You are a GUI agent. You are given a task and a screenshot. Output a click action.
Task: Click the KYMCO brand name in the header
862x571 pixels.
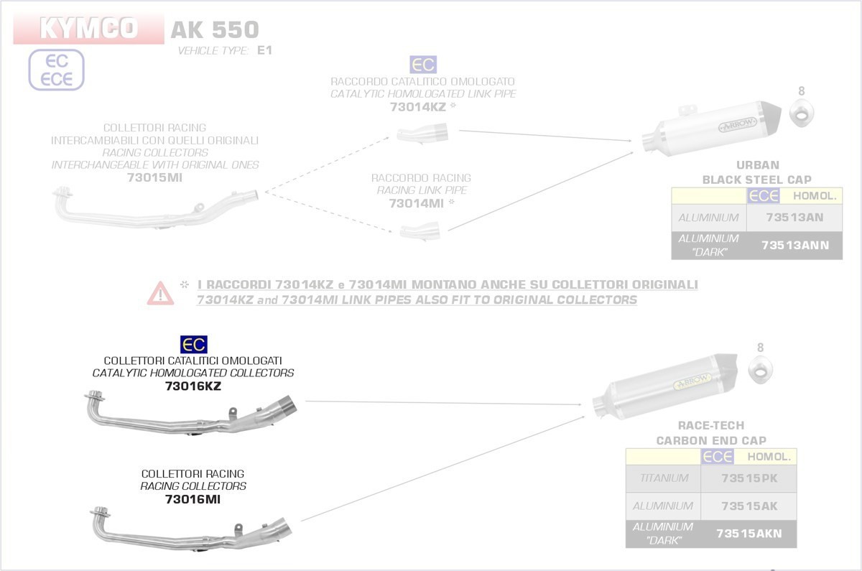point(88,29)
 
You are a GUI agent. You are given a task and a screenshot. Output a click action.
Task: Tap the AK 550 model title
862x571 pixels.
point(214,29)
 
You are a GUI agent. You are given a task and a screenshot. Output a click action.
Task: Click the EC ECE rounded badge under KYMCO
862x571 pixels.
point(57,70)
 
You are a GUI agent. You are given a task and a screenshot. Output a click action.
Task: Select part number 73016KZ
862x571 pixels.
point(193,386)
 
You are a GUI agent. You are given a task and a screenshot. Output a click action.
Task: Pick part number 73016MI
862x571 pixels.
point(193,499)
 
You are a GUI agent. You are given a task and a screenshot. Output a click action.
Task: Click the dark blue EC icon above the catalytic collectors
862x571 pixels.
point(193,345)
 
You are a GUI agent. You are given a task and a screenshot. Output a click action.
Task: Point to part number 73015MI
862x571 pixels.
point(154,178)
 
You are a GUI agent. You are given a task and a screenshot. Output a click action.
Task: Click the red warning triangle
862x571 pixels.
point(160,292)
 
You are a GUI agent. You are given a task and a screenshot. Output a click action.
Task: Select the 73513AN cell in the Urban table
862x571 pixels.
point(794,218)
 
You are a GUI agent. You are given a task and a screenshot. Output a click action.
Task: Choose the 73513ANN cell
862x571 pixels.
point(794,246)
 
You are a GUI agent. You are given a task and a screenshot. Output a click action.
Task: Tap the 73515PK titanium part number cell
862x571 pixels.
point(749,478)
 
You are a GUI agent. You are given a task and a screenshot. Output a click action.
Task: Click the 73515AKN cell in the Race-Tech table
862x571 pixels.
point(749,534)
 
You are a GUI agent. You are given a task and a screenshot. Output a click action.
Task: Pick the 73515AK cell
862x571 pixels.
point(749,506)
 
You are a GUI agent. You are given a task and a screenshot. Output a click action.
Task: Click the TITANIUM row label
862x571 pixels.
point(661,478)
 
